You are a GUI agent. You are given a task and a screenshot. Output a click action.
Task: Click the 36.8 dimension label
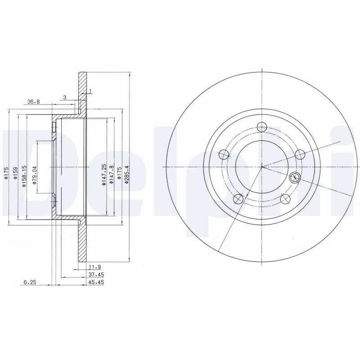pos(33,102)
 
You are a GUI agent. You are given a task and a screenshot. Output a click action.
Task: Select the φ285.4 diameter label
pos(126,175)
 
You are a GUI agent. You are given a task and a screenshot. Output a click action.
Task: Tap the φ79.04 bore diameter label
pos(35,175)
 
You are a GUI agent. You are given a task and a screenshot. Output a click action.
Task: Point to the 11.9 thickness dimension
pos(95,267)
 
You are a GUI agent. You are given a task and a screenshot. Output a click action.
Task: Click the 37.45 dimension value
pos(96,274)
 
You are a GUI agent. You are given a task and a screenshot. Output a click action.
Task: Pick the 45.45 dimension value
pos(96,282)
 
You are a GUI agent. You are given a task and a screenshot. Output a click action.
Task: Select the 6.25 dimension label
pos(30,282)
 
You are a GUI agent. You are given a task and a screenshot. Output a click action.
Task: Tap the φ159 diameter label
pos(15,173)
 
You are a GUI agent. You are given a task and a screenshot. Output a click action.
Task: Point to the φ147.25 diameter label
pos(104,175)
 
